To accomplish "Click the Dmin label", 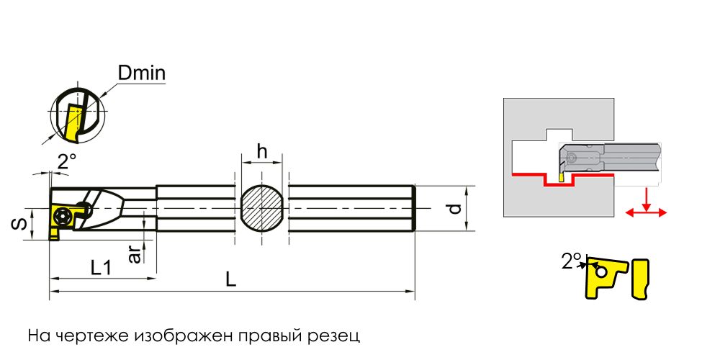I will pyautogui.click(x=142, y=73).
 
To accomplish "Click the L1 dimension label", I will pyautogui.click(x=101, y=267).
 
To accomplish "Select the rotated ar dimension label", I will pyautogui.click(x=135, y=253).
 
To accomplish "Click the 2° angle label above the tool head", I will pyautogui.click(x=66, y=163).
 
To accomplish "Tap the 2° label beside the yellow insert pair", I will pyautogui.click(x=572, y=261).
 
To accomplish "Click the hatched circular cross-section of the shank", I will pyautogui.click(x=261, y=210).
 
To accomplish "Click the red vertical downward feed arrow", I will pyautogui.click(x=646, y=199).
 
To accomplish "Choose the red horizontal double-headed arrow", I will pyautogui.click(x=646, y=212).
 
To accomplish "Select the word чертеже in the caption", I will pyautogui.click(x=85, y=336).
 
